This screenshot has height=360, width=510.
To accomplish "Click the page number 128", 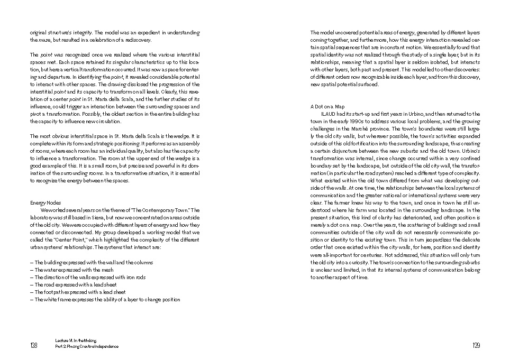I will pyautogui.click(x=33, y=346).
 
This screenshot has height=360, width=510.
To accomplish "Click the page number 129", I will pyautogui.click(x=476, y=346).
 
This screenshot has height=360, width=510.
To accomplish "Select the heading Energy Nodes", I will pyautogui.click(x=45, y=202).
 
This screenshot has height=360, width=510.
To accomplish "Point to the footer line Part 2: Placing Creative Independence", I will pyautogui.click(x=87, y=347).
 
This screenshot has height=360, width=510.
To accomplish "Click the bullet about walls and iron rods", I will pyautogui.click(x=87, y=277).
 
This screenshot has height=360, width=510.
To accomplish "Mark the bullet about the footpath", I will pyautogui.click(x=80, y=292).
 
